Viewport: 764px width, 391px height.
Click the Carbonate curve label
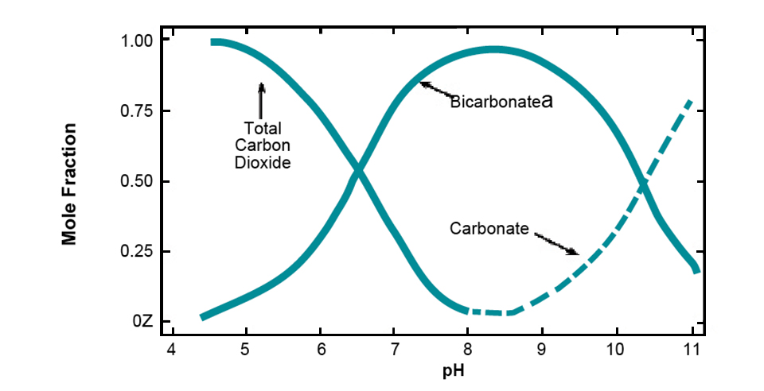[x=489, y=229]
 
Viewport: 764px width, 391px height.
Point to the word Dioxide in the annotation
[x=262, y=163]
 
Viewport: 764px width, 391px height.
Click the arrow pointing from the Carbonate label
[x=556, y=243]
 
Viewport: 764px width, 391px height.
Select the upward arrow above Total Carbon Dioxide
[x=262, y=99]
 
